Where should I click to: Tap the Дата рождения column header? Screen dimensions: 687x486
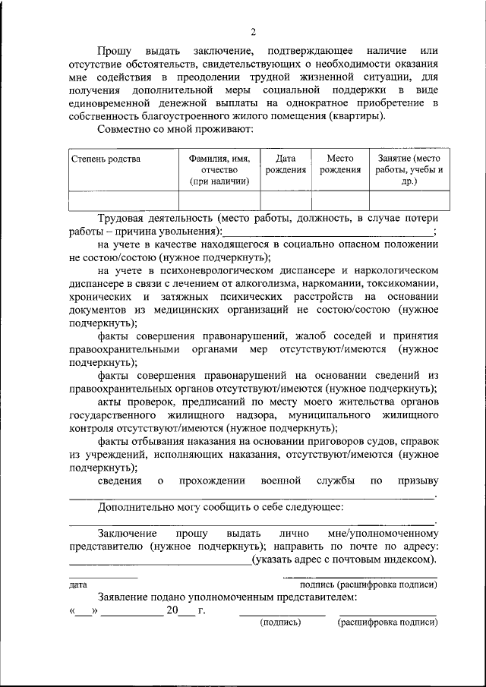[x=286, y=164]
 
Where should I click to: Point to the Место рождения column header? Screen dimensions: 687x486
[x=339, y=164]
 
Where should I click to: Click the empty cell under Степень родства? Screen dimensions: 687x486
[x=123, y=200]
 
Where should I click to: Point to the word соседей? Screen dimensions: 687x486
[x=342, y=335]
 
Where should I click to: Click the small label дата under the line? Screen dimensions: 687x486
[x=77, y=585]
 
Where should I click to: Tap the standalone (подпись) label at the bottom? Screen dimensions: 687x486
[x=280, y=622]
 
